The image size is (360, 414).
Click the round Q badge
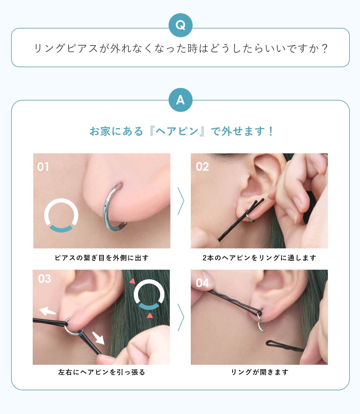[180, 25]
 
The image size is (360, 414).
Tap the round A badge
[180, 100]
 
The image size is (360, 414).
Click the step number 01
[43, 167]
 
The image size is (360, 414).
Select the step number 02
[202, 166]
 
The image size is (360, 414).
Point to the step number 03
[44, 279]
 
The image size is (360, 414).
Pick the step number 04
[202, 283]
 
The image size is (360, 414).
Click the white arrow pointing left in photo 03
[47, 311]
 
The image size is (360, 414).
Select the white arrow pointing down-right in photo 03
[98, 338]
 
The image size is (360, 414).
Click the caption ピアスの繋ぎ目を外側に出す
[102, 258]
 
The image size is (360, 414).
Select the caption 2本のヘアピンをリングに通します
[259, 258]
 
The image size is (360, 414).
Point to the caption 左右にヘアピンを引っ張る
[102, 372]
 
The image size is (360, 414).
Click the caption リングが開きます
[259, 372]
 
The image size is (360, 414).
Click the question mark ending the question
[324, 49]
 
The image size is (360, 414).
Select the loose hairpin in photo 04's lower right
[284, 346]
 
